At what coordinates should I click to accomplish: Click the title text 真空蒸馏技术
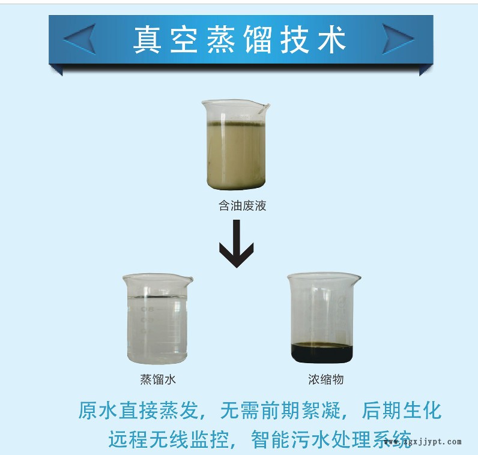(x=240, y=40)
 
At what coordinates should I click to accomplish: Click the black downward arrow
(x=237, y=244)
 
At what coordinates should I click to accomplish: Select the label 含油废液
(x=243, y=206)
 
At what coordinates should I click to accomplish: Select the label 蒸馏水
(x=158, y=380)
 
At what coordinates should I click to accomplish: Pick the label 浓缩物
(x=326, y=380)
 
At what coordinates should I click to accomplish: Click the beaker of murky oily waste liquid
(x=235, y=145)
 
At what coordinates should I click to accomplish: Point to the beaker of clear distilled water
(x=157, y=319)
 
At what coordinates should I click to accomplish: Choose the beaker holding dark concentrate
(x=324, y=318)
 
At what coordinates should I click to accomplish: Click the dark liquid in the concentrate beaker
(x=322, y=353)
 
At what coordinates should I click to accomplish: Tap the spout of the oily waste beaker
(x=265, y=107)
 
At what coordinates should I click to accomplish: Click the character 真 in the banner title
(x=147, y=40)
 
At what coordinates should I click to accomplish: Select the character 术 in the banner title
(x=332, y=40)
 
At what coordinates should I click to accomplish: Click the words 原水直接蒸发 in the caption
(x=138, y=411)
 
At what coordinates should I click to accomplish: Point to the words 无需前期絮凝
(x=280, y=411)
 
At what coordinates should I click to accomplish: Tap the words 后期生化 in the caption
(x=402, y=411)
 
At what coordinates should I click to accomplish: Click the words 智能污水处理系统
(x=331, y=439)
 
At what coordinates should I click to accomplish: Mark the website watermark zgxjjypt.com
(x=423, y=442)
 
